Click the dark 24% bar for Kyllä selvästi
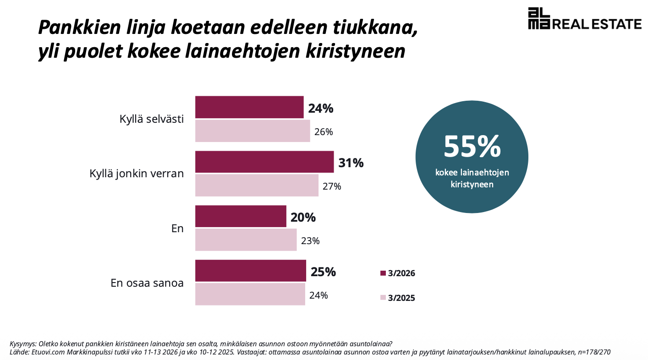[x=249, y=107]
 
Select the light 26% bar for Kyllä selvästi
[x=253, y=131]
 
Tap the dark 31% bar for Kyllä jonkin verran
[x=264, y=162]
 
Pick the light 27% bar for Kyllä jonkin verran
[x=257, y=185]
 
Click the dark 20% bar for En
[x=241, y=216]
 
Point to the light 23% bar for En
[x=246, y=240]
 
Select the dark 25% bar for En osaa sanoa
[x=250, y=271]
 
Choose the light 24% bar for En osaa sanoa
[x=250, y=294]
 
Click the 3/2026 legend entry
[x=398, y=273]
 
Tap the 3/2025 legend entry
[x=398, y=298]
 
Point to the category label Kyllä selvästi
[x=152, y=120]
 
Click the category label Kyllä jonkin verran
[x=137, y=174]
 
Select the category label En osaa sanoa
[x=147, y=283]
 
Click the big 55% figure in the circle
[x=472, y=146]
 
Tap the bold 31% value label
[x=351, y=163]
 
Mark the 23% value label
[x=310, y=241]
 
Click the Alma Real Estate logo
[x=584, y=19]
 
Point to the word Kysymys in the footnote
[x=23, y=344]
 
